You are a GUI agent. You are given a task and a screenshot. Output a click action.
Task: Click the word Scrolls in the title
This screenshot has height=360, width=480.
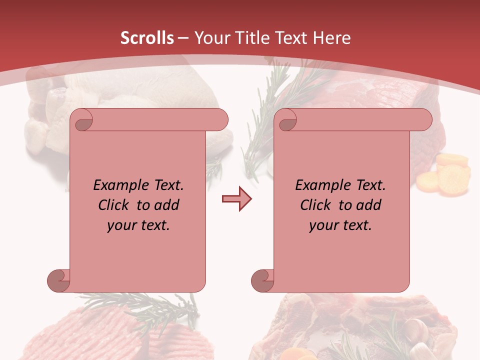coord(147,38)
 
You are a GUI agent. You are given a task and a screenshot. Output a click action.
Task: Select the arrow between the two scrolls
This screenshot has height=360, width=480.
coord(236,199)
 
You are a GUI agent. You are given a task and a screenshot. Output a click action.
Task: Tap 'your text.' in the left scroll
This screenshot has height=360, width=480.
coord(138,225)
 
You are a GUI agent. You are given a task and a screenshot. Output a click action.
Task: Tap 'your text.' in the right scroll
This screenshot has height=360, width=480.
coord(340,225)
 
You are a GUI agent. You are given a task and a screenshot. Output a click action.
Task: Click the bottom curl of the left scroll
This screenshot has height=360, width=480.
coord(59,280)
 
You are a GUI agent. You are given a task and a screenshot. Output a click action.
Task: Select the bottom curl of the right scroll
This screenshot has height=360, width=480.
coord(263,280)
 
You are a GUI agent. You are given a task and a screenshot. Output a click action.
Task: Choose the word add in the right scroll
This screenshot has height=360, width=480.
coord(370,205)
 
